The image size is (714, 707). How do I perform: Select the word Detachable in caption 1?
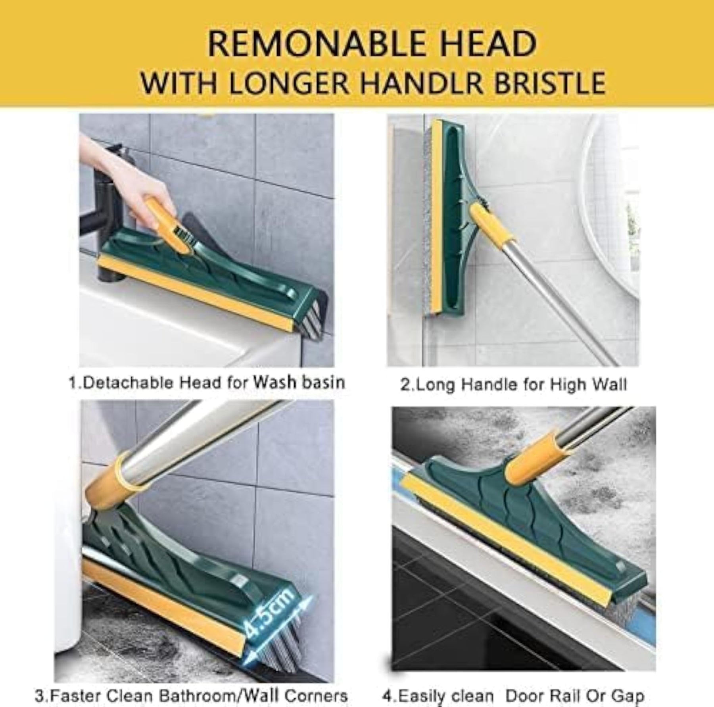[129, 382]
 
